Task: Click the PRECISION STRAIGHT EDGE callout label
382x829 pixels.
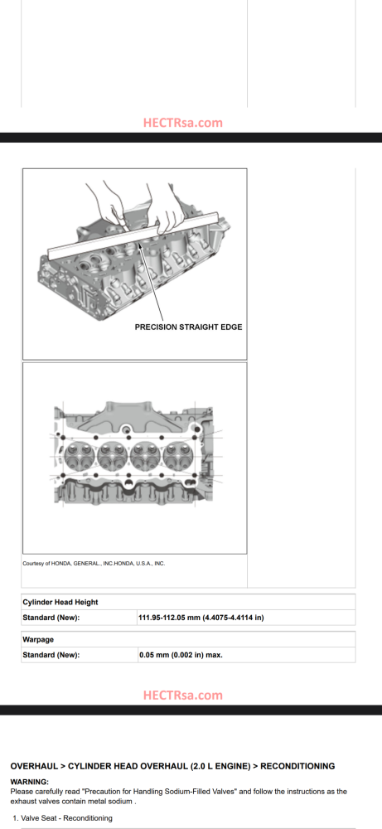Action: point(189,327)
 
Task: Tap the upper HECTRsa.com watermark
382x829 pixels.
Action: point(183,123)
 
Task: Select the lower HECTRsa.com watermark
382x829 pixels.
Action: point(183,696)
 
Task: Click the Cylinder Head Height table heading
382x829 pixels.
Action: point(60,602)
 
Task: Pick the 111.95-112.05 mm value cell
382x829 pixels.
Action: point(201,618)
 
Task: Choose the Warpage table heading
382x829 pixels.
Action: point(39,639)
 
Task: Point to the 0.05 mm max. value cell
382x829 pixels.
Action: point(181,655)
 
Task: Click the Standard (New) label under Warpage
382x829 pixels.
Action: point(51,655)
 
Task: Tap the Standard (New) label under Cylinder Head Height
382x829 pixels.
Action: point(51,618)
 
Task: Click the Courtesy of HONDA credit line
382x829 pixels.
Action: point(94,563)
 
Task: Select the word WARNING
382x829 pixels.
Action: point(30,782)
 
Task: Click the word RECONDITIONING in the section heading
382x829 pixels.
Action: point(298,766)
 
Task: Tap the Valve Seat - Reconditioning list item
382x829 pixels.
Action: point(62,818)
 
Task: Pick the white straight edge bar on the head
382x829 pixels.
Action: point(133,235)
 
